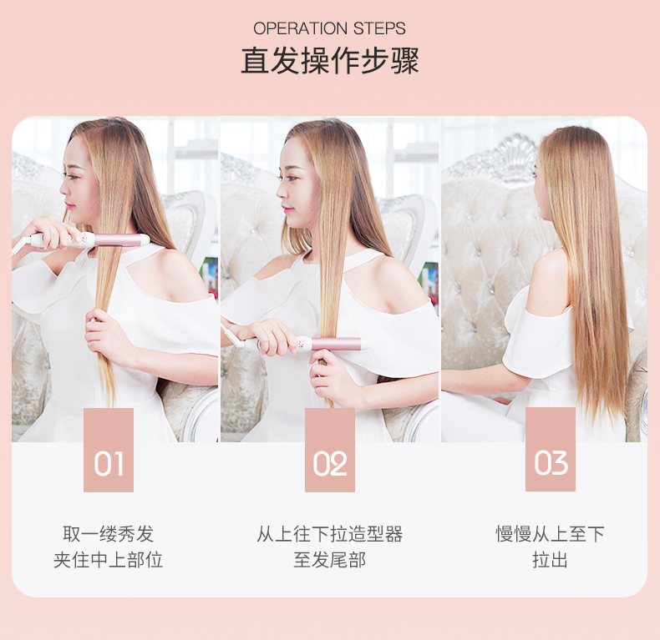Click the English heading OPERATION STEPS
tap(329, 28)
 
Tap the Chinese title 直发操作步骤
tap(330, 61)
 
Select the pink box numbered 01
tap(109, 450)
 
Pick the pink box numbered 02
tap(330, 450)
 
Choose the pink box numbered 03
tap(551, 449)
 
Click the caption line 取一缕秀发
tap(108, 534)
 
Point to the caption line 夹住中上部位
tap(108, 560)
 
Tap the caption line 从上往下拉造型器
tap(329, 534)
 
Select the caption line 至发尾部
tap(329, 560)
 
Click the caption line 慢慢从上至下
tap(551, 534)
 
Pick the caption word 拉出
tap(551, 560)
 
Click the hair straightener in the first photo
tap(82, 241)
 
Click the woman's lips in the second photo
tap(287, 209)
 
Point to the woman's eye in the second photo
tap(292, 177)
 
